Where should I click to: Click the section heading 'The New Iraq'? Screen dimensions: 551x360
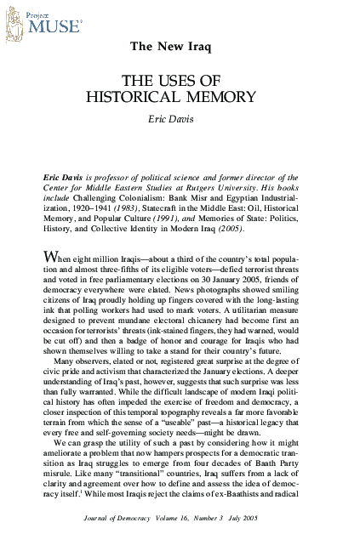180,44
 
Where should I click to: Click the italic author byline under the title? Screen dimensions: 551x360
180,119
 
